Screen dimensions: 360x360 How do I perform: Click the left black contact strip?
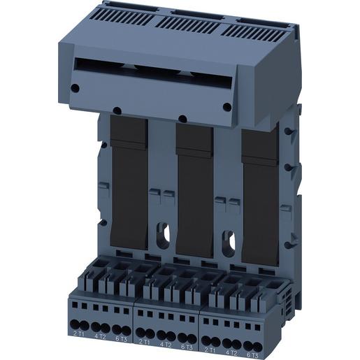(x=128, y=182)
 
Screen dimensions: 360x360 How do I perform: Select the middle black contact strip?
(x=194, y=189)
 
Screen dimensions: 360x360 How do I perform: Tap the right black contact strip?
(x=259, y=196)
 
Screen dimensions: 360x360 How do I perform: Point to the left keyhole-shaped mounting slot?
(x=164, y=233)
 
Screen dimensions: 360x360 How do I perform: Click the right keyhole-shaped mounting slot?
(x=229, y=240)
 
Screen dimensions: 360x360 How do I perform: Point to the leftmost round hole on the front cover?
(x=74, y=88)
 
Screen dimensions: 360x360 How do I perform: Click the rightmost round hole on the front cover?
(x=226, y=106)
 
